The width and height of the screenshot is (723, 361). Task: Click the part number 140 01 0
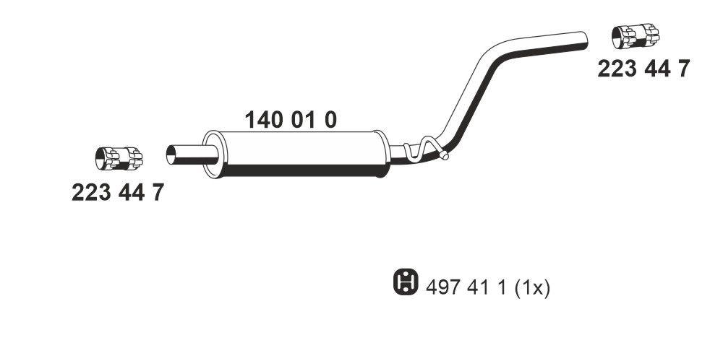(292, 120)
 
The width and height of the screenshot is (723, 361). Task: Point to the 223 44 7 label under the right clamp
(643, 69)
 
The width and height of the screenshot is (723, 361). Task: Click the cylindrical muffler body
(296, 152)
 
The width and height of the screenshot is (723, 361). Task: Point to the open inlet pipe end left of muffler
(171, 154)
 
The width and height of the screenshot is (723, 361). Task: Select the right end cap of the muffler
(380, 153)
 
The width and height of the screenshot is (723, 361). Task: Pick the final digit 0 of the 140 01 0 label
(330, 120)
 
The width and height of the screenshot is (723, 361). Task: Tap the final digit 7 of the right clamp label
(683, 69)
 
